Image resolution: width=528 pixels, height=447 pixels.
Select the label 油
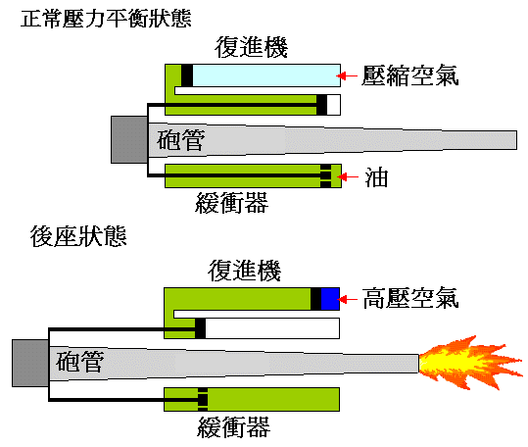(x=376, y=176)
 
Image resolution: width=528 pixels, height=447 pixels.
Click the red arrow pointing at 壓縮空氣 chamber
(x=346, y=75)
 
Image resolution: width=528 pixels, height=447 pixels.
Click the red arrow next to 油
(x=350, y=176)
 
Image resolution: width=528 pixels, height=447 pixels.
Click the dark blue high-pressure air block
(x=330, y=298)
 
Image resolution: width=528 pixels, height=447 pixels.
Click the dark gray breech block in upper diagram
(x=128, y=139)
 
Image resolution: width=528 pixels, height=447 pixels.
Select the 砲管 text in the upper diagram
(x=180, y=142)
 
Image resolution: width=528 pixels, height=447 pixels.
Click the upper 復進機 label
(x=247, y=48)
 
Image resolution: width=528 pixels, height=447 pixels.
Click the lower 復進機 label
(x=241, y=270)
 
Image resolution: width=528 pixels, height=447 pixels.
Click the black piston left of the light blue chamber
(x=187, y=74)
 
